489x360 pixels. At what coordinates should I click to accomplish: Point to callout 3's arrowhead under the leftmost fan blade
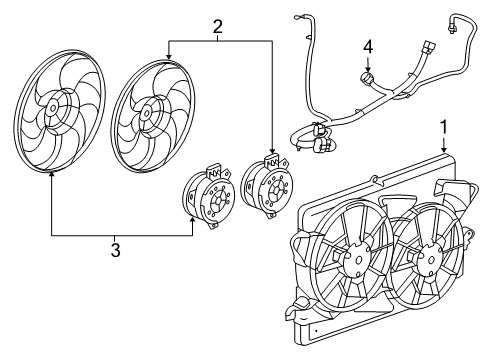50,173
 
